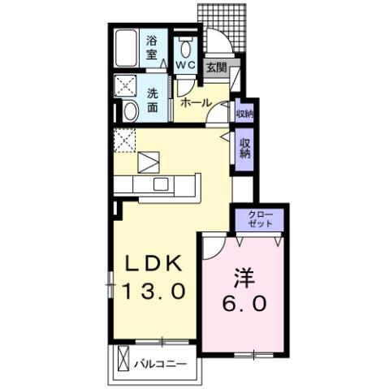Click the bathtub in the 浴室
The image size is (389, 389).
(126, 48)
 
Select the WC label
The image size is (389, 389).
(185, 64)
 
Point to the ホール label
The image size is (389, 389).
(196, 102)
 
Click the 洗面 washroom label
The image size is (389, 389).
(153, 99)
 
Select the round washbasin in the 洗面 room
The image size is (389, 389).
(130, 111)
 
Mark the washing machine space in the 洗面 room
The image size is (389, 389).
(126, 84)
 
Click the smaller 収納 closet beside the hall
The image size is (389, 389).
(244, 113)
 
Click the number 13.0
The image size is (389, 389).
(156, 289)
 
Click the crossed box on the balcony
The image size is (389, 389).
(123, 357)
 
